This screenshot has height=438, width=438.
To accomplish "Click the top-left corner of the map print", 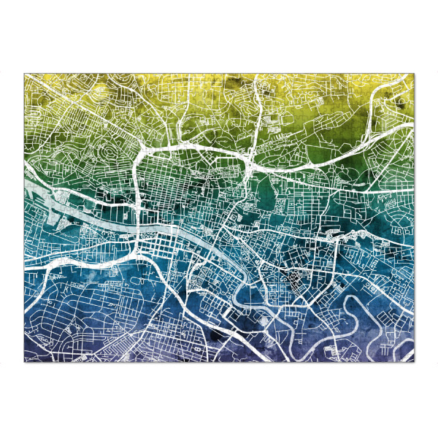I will click(24, 73).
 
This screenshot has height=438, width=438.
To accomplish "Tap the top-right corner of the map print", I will click(414, 73).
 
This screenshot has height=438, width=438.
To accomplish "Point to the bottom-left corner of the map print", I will click(24, 363).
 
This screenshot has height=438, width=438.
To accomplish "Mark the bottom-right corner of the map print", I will click(414, 363).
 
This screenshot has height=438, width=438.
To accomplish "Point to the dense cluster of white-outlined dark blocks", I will click(296, 277).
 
